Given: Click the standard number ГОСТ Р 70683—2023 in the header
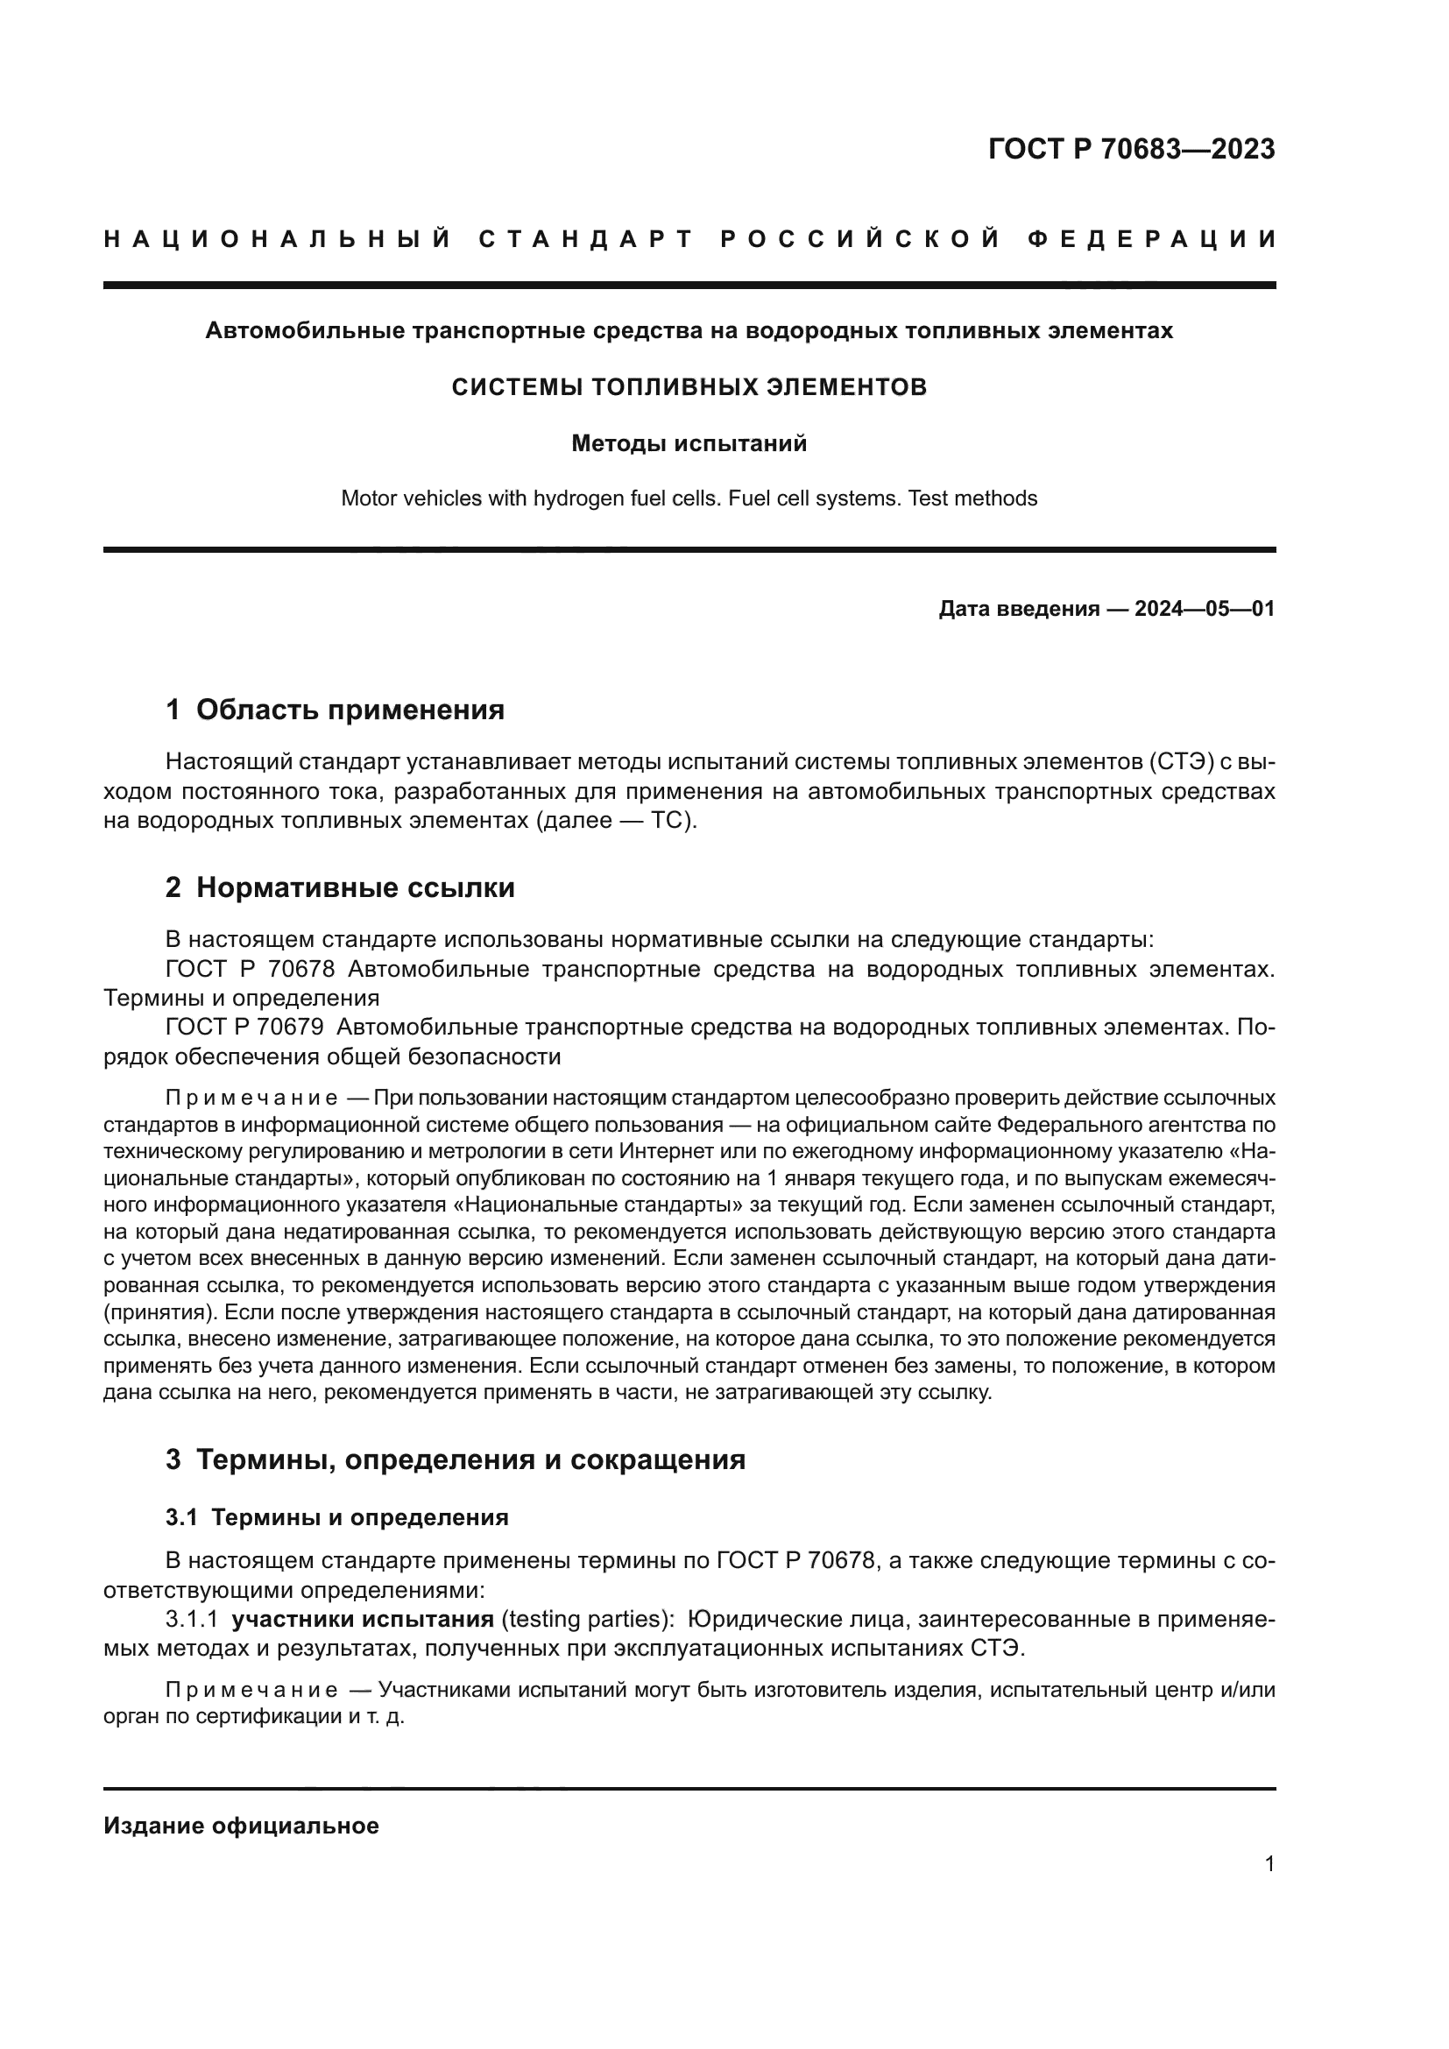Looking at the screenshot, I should click(x=1131, y=149).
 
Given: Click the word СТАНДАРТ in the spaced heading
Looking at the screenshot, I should click(x=585, y=239).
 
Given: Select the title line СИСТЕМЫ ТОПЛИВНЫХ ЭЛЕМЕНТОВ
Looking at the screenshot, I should click(x=689, y=387).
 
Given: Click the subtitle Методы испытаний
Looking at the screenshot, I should click(x=689, y=443).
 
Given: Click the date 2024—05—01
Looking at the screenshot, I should click(x=1205, y=610).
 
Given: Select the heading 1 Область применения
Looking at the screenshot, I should click(x=335, y=710).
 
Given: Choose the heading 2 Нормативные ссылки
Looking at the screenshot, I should click(x=340, y=888).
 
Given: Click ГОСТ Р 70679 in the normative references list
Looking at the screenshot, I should click(x=244, y=1028).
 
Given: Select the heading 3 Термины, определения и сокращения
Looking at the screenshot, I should click(x=455, y=1460).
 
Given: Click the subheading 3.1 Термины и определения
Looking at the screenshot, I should click(x=336, y=1518).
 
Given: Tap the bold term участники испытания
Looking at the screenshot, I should click(x=363, y=1620).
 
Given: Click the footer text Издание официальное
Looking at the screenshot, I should click(x=241, y=1826).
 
